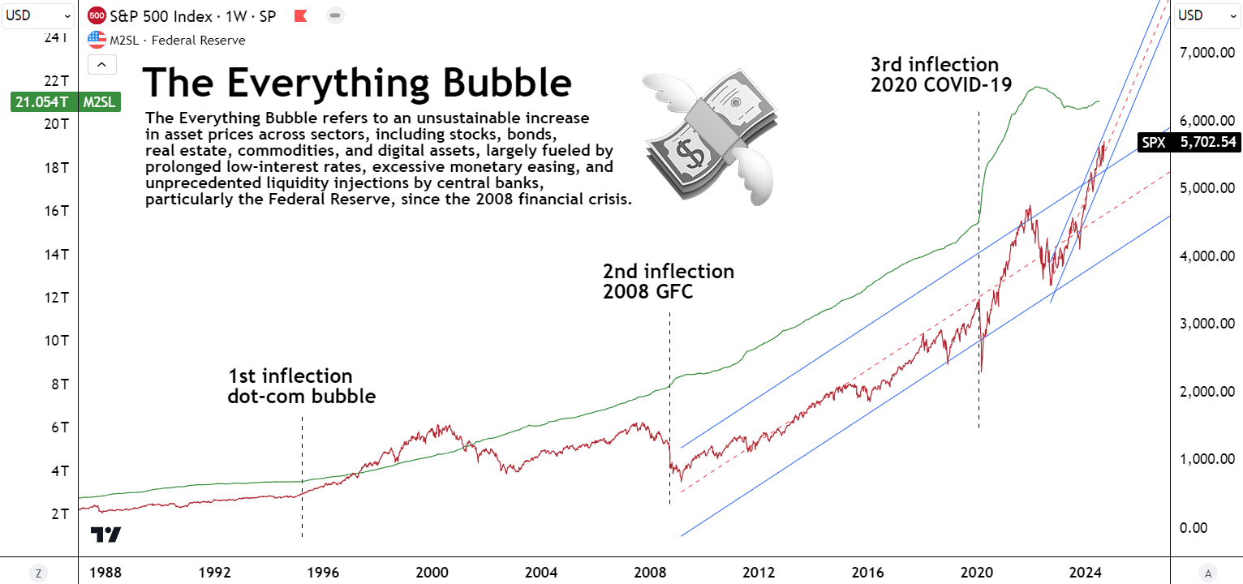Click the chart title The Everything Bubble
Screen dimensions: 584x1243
[x=357, y=83]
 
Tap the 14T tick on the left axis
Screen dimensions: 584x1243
[x=60, y=254]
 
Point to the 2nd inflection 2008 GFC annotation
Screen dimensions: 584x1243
[x=668, y=281]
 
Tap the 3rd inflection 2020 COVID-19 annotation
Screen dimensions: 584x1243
[x=941, y=74]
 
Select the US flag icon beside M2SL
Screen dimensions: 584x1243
[x=97, y=40]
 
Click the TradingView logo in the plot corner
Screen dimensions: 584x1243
[x=105, y=535]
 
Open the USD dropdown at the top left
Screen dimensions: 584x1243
[x=39, y=15]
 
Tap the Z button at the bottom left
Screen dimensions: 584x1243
[x=38, y=573]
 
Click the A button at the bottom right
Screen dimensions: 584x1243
[x=1207, y=573]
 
